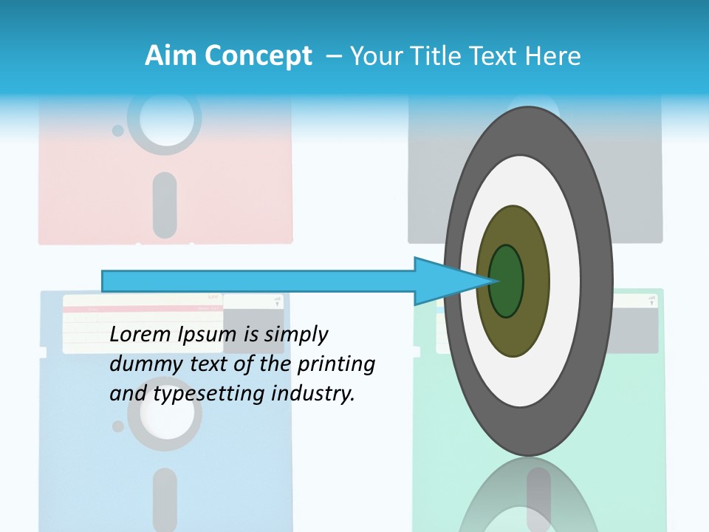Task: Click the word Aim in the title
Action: coord(171,56)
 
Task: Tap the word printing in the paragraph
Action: coord(335,364)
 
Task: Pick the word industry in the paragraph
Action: coord(313,393)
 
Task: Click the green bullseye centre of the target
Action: coord(507,282)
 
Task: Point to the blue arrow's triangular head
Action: coord(443,282)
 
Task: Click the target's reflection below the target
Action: coord(528,495)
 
